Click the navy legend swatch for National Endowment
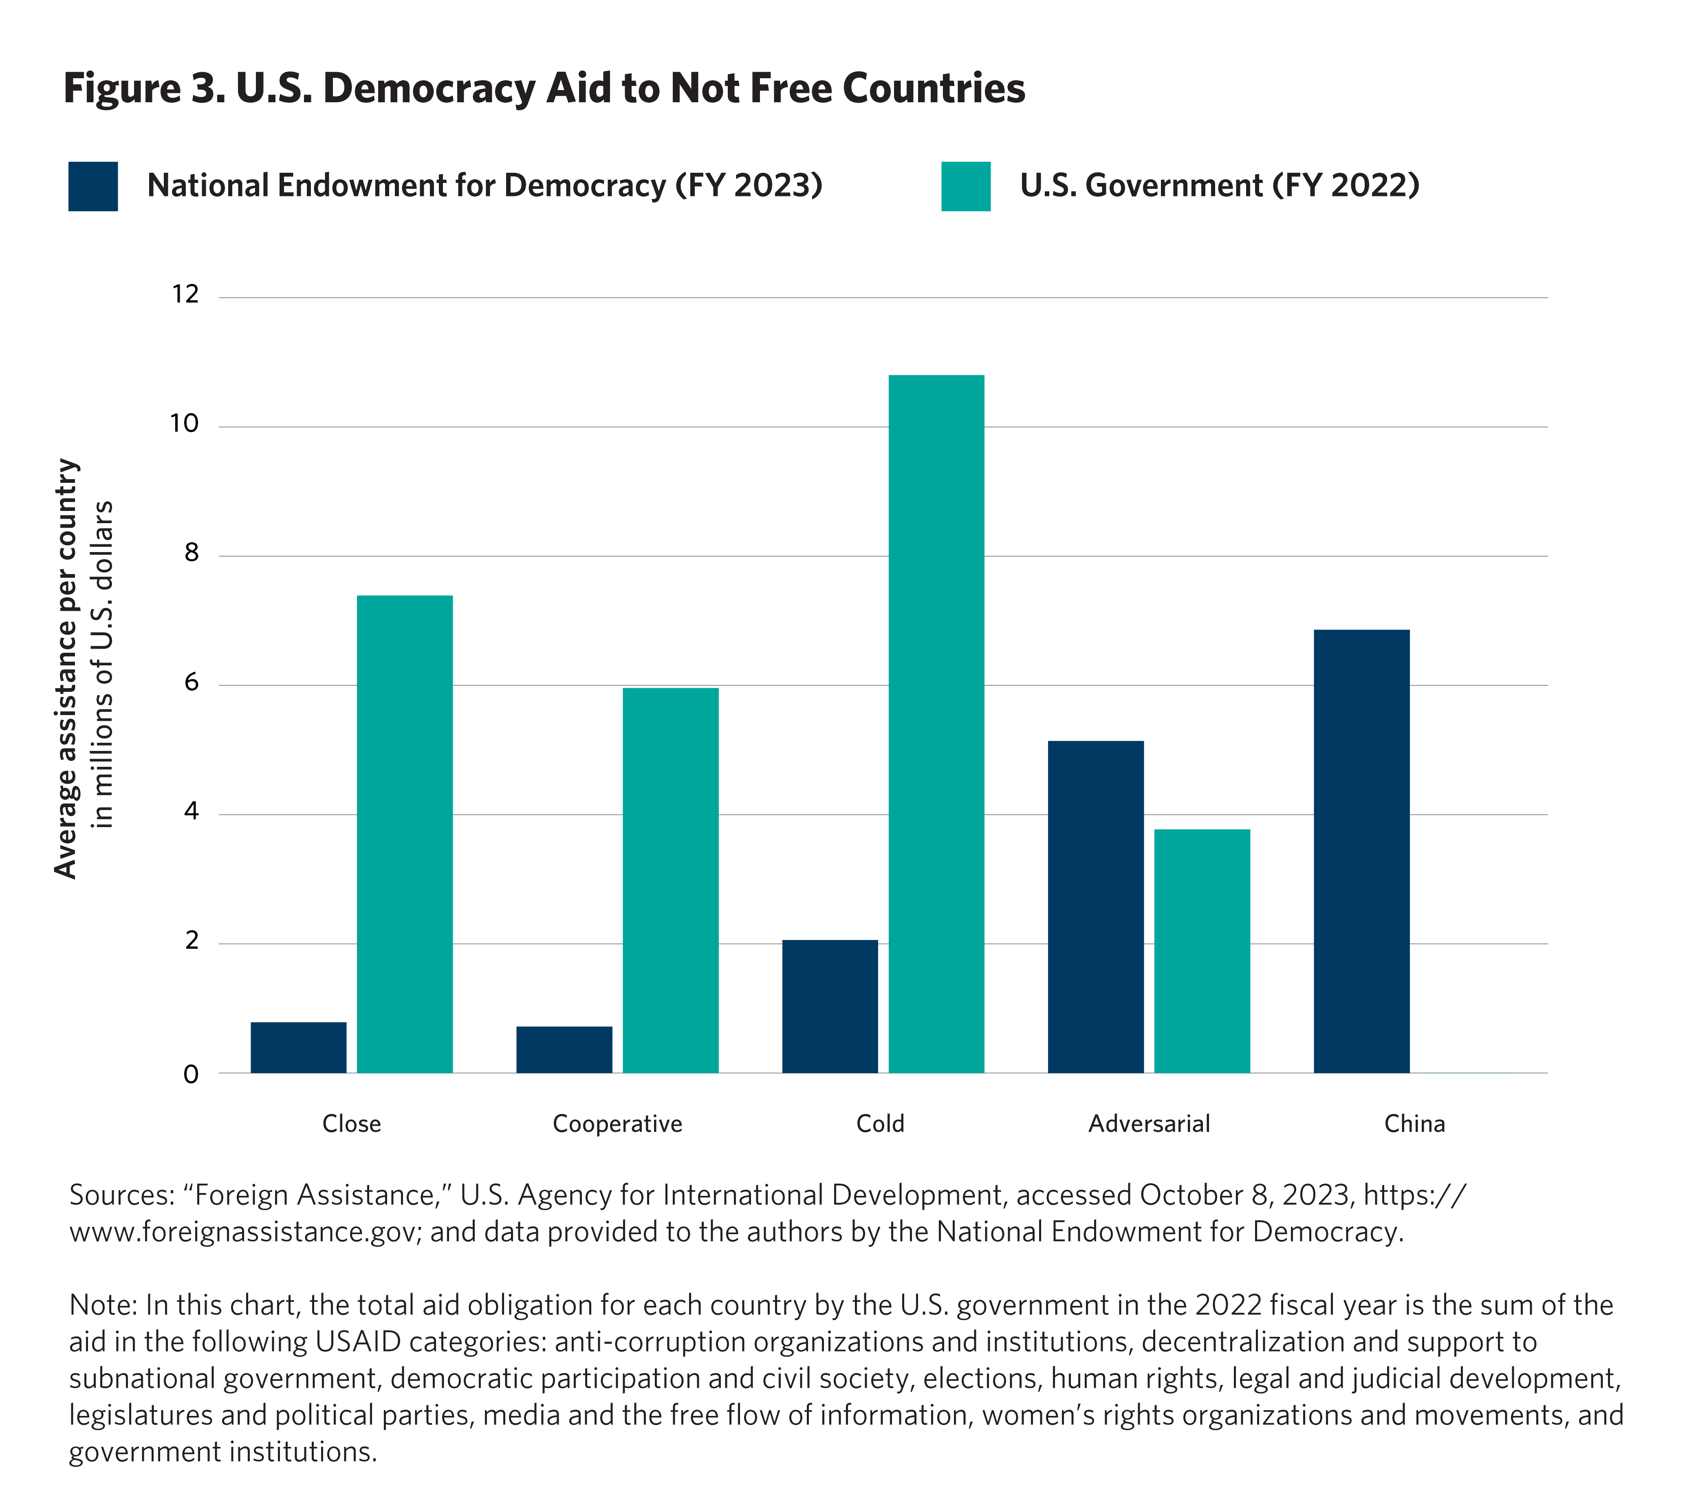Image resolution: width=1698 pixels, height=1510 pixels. click(93, 186)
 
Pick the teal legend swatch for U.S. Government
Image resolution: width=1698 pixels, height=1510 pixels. click(965, 186)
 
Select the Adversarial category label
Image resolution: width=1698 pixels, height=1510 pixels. click(1149, 1124)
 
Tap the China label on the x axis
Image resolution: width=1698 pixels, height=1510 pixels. click(1414, 1124)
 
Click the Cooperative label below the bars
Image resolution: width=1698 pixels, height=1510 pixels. click(617, 1124)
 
